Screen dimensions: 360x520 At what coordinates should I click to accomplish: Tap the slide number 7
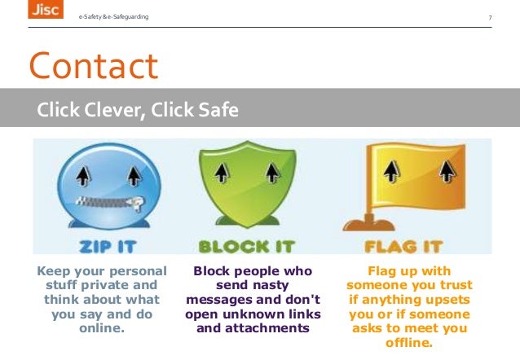click(x=490, y=18)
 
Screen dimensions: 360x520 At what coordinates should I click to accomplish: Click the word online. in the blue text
click(x=101, y=328)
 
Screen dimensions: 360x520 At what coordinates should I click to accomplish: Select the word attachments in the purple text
click(x=275, y=328)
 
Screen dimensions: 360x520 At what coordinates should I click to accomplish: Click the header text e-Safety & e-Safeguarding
click(x=113, y=18)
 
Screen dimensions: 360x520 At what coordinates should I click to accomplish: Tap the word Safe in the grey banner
click(x=216, y=109)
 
